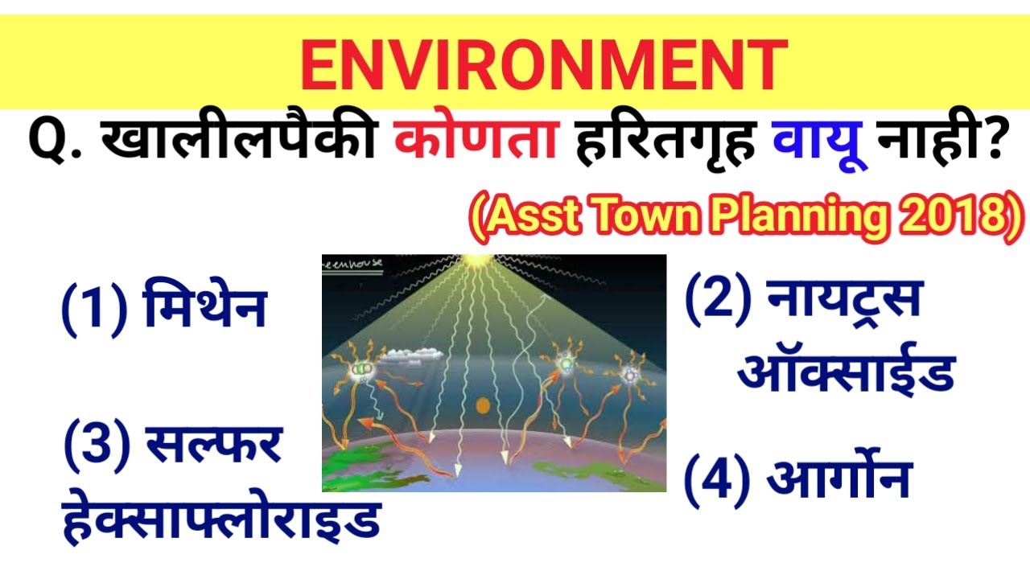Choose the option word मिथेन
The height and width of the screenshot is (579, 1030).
coord(205,310)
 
